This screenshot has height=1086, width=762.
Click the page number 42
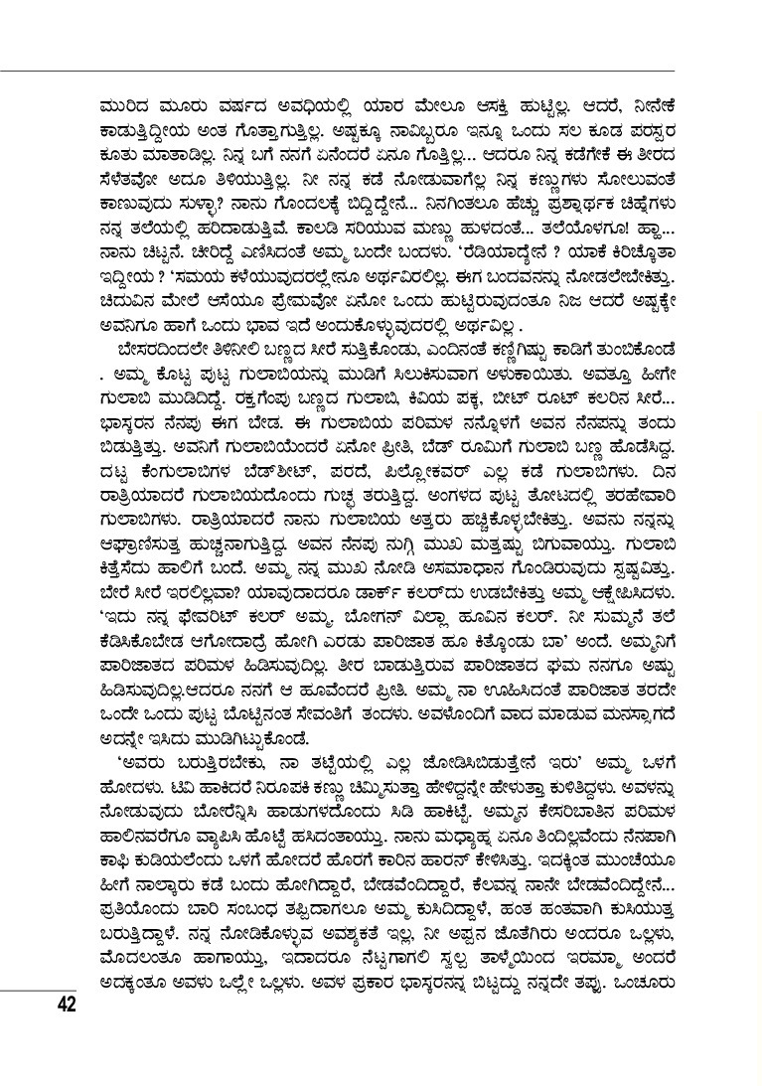point(67,1004)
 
